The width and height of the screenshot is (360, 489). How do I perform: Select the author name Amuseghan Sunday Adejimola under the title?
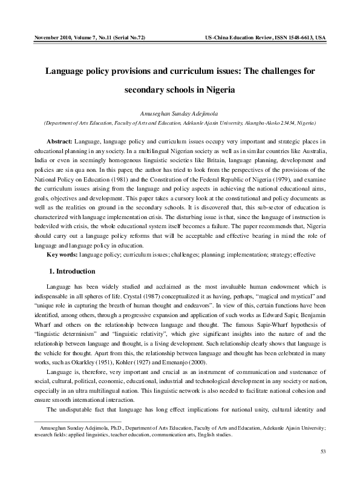(179, 113)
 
